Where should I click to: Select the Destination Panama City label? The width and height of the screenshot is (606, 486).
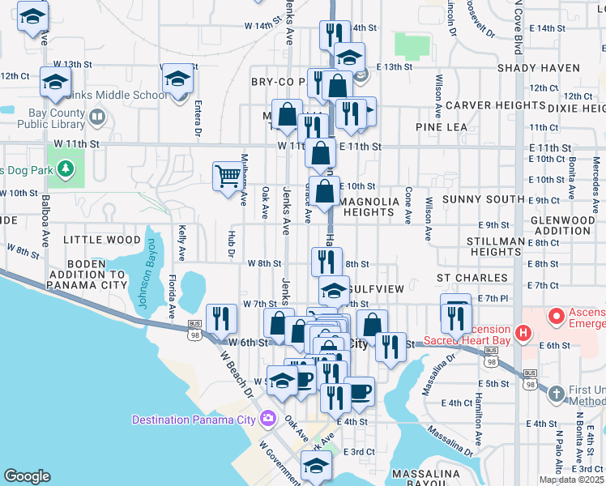195,419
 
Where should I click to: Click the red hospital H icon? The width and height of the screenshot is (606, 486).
524,332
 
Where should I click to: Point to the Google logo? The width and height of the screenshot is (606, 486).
27,476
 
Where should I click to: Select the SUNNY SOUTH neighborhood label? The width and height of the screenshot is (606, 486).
484,199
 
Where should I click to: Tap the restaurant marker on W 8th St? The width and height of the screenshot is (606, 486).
326,261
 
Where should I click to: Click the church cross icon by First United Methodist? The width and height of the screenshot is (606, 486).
556,394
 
